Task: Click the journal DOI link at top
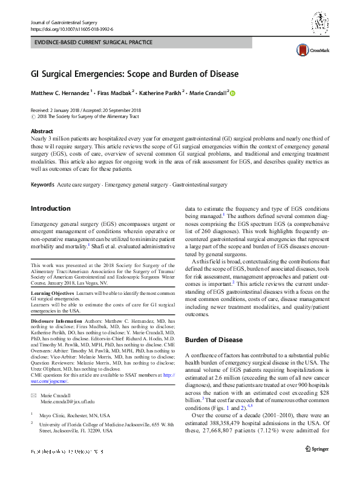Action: coord(71,29)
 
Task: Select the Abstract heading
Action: coord(42,131)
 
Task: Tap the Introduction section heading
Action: coord(51,208)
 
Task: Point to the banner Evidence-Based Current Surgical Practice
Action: coord(93,43)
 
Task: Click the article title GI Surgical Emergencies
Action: coord(135,74)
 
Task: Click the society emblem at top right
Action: coord(320,23)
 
